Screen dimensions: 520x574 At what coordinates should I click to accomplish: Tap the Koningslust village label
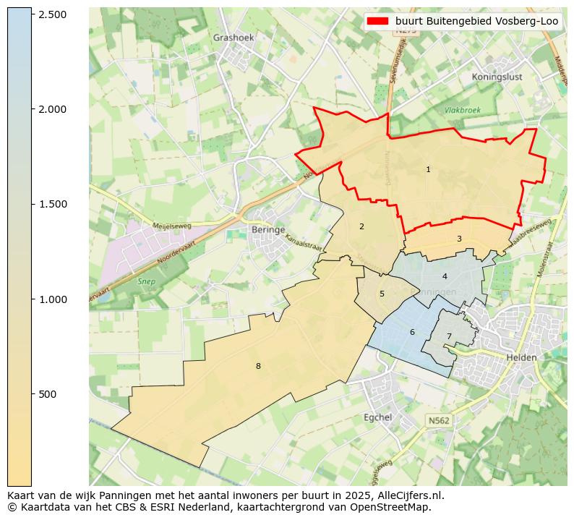[x=497, y=77]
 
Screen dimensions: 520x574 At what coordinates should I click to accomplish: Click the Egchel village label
[x=377, y=417]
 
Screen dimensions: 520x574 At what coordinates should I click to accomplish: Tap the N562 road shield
[x=438, y=420]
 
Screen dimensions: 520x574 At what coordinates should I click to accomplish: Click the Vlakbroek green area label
[x=463, y=111]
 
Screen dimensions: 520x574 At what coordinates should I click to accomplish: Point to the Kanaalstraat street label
[x=304, y=242]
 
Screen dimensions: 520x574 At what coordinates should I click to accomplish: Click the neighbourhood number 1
[x=428, y=169]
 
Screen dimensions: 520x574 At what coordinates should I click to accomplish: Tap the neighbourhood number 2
[x=361, y=226]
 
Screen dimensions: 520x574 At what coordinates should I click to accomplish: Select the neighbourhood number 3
[x=459, y=239]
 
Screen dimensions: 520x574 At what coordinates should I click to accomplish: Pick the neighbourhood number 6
[x=412, y=332]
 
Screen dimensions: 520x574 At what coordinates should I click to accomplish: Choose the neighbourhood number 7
[x=449, y=336]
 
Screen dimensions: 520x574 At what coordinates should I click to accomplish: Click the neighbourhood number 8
[x=257, y=366]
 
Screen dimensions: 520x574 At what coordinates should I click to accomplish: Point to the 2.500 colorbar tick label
[x=53, y=14]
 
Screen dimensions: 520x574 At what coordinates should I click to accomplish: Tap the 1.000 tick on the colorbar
[x=53, y=299]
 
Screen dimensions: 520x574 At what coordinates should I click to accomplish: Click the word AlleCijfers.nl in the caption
[x=407, y=495]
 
